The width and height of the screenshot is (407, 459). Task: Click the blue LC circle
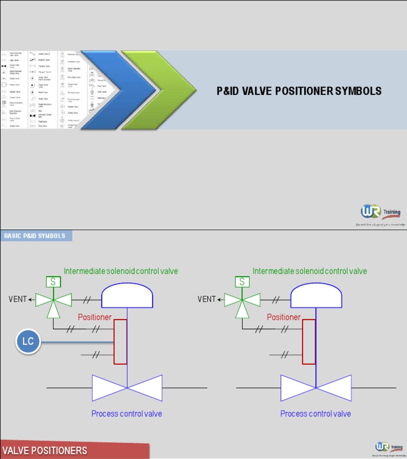tap(28, 341)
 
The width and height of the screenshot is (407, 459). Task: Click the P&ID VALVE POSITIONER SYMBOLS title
tap(299, 91)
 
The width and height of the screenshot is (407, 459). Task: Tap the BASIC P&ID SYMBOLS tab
tap(36, 236)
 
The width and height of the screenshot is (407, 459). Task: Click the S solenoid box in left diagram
tap(53, 282)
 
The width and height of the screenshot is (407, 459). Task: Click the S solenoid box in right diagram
tap(242, 282)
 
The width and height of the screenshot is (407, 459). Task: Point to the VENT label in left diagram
tap(17, 299)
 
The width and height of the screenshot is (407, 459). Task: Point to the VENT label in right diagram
tap(207, 299)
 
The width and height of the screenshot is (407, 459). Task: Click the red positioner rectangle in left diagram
tap(120, 341)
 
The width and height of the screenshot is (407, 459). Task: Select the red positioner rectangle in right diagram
tap(309, 341)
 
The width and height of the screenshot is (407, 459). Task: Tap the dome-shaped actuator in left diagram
tap(127, 296)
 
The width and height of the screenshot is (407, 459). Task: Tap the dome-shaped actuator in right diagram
tap(316, 296)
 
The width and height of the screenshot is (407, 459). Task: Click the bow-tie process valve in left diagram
tap(127, 388)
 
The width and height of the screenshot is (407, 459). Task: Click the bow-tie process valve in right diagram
tap(316, 388)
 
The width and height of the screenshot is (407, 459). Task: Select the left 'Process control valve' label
tap(127, 413)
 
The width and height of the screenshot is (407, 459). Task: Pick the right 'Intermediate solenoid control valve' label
tap(309, 271)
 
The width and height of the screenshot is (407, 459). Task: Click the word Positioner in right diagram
tap(284, 317)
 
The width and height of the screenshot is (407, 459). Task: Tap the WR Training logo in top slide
tap(381, 213)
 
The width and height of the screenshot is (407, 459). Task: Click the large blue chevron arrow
tap(106, 90)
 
